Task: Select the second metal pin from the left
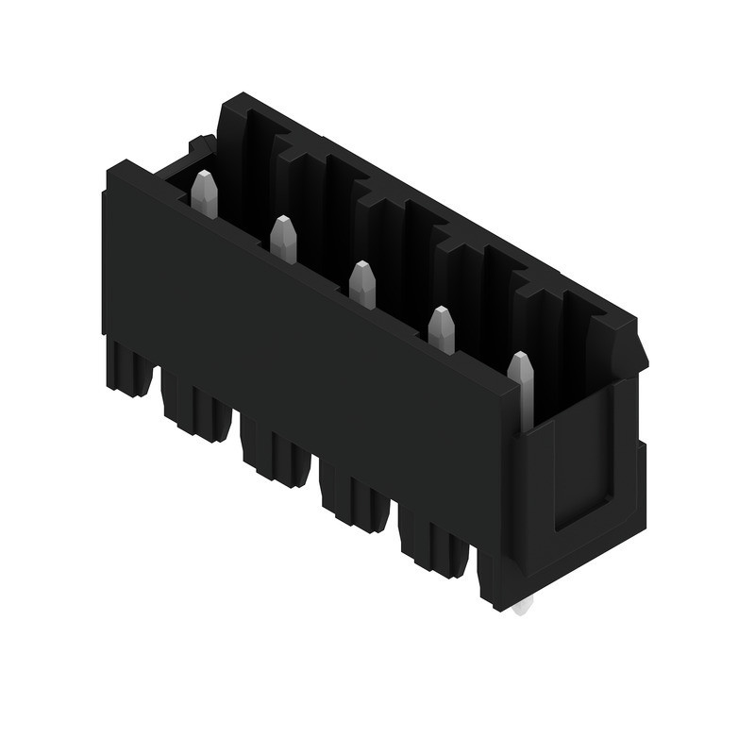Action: coord(283,239)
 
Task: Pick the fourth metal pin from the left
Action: coord(441,330)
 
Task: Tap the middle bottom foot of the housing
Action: coord(275,455)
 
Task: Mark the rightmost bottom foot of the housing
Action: coord(433,546)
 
